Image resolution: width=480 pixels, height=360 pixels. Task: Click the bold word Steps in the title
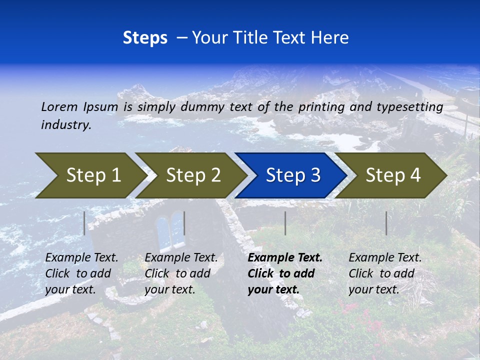point(145,38)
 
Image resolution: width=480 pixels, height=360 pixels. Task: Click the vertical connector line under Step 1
point(84,223)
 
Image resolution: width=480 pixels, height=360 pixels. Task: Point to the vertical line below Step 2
point(184,223)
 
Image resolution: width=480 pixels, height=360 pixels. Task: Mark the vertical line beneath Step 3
point(285,223)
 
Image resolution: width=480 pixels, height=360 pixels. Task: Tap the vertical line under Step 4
point(386,223)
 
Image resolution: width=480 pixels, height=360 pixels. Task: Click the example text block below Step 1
point(81,273)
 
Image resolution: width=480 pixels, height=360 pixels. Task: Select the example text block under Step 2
point(181,273)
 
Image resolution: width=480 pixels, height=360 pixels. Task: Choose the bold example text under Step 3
point(285,273)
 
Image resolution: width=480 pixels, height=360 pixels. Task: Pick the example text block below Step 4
point(385,273)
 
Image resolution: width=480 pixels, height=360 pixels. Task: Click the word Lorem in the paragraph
point(59,106)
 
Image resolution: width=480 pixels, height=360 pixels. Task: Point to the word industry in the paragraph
point(66,125)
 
